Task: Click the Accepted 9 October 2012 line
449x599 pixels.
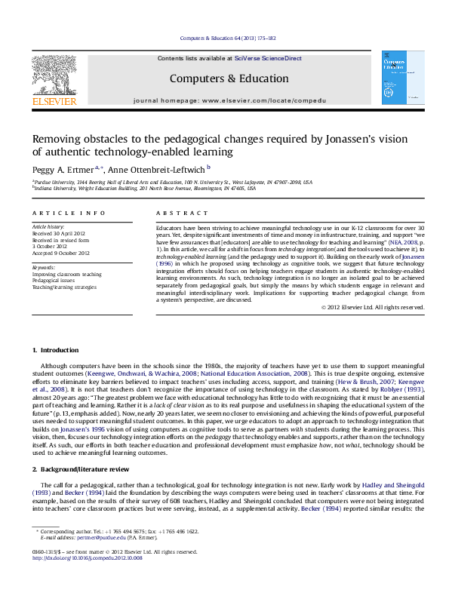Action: tap(60, 253)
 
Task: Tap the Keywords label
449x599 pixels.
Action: tap(42, 266)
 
